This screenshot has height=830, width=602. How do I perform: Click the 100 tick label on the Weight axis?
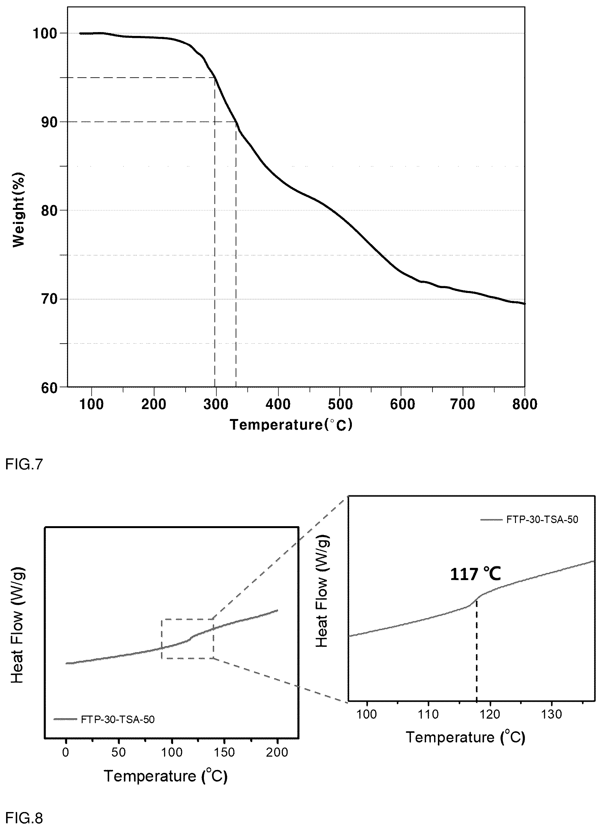(x=45, y=34)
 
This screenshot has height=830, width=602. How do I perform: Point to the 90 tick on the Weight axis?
(x=67, y=122)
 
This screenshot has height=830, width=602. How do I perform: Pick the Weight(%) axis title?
(x=19, y=210)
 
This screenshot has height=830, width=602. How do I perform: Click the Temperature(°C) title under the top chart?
(x=291, y=425)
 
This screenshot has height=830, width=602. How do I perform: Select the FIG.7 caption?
(x=24, y=464)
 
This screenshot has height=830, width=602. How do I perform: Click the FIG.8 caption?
(x=24, y=818)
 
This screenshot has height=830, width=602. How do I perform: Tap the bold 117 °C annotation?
(x=475, y=574)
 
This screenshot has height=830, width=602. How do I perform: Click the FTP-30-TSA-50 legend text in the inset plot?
(x=542, y=520)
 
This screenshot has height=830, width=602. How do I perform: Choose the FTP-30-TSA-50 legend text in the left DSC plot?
(x=118, y=720)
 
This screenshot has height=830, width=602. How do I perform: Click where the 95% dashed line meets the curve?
(x=214, y=78)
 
